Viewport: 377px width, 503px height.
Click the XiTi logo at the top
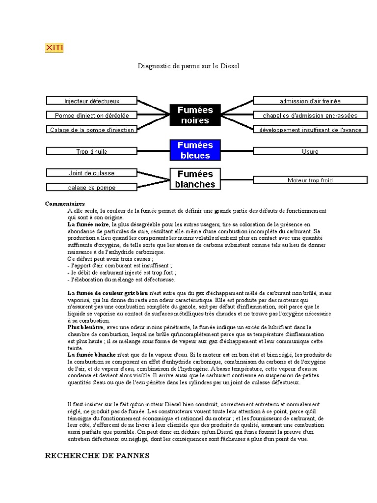54,48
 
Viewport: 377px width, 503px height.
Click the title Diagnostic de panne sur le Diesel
188,65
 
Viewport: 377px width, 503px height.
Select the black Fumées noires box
195,115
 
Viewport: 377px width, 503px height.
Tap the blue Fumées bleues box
195,150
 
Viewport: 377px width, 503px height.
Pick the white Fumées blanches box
195,179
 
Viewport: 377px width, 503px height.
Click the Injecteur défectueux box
92,101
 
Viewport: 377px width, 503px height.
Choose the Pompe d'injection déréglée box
92,115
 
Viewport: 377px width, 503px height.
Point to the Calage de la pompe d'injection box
92,130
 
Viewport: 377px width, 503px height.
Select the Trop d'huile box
92,151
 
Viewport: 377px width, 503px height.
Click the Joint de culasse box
92,173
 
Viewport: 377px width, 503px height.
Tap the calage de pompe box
92,187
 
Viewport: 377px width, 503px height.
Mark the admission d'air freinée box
310,101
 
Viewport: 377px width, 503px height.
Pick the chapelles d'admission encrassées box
310,115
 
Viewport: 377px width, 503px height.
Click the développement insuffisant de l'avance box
310,130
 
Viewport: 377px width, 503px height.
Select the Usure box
310,151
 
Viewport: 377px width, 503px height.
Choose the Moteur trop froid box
310,180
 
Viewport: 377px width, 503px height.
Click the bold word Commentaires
65,203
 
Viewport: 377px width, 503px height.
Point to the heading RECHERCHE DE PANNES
97,455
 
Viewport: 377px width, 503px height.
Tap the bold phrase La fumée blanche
91,354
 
